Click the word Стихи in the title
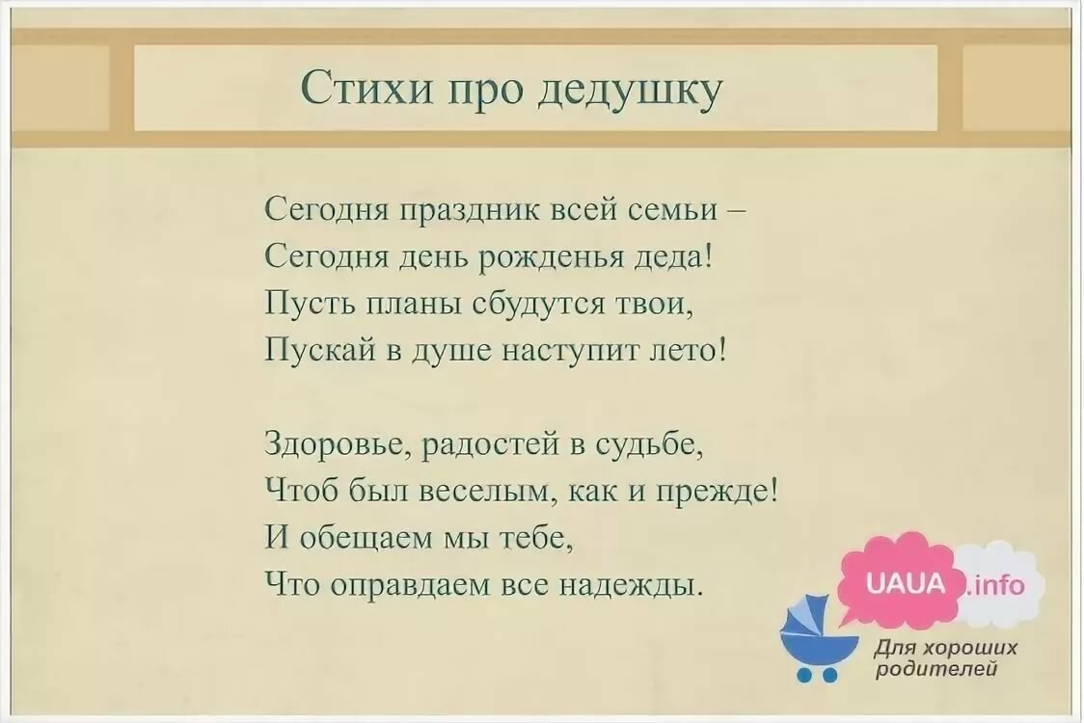[x=368, y=88]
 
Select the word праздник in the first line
[x=470, y=210]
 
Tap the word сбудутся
[x=538, y=303]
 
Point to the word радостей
[x=491, y=443]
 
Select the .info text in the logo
[x=996, y=585]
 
